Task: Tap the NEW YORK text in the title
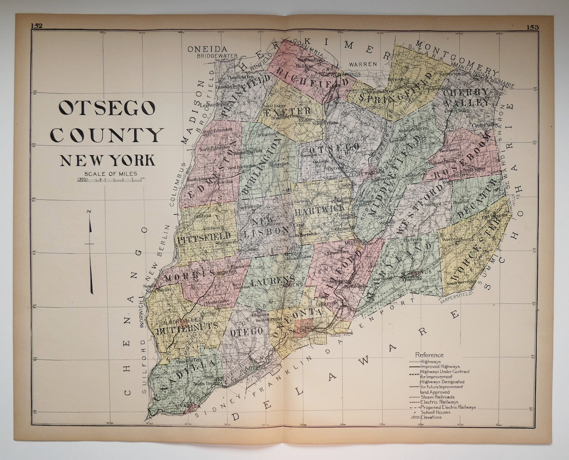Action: (107, 160)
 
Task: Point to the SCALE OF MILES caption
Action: (107, 174)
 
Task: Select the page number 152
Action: (36, 25)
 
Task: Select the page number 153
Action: (532, 27)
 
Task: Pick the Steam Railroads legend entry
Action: (438, 397)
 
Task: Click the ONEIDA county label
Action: (204, 49)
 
